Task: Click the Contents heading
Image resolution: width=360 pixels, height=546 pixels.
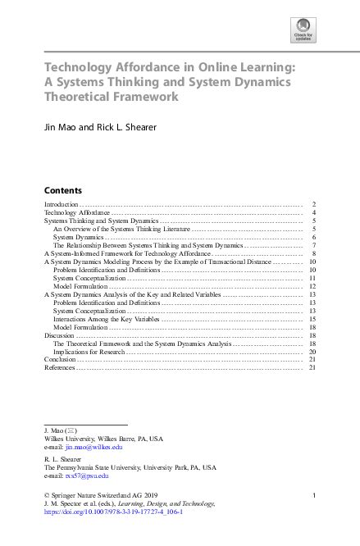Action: coord(62,188)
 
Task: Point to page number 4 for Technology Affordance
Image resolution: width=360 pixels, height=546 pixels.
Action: coord(314,212)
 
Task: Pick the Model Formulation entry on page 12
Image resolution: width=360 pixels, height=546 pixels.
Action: coord(80,286)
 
